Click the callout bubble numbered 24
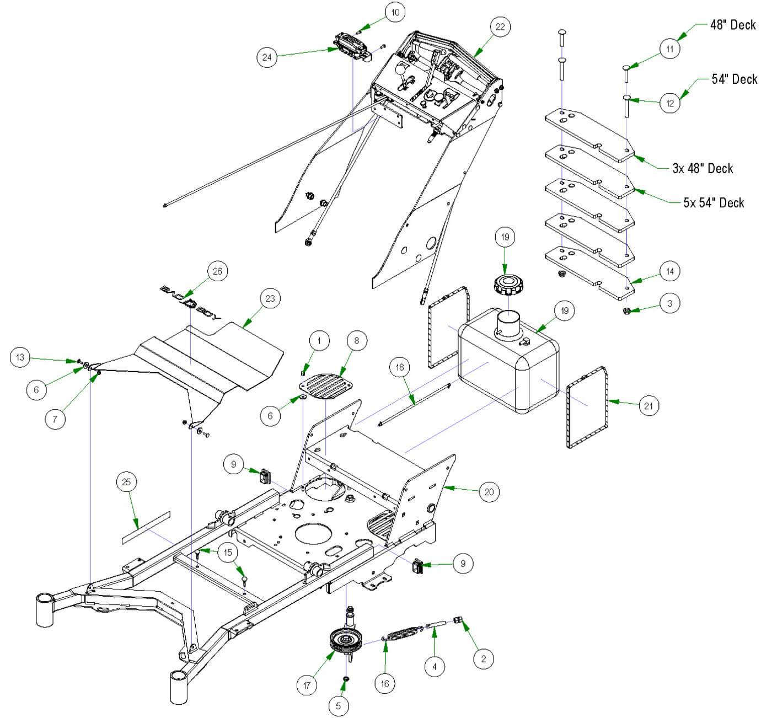click(x=267, y=57)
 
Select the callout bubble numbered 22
click(x=500, y=27)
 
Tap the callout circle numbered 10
click(x=395, y=13)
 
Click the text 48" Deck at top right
click(x=733, y=25)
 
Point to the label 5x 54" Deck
click(x=714, y=203)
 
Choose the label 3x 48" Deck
click(x=703, y=169)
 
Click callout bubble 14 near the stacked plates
click(x=670, y=271)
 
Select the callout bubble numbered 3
click(x=670, y=303)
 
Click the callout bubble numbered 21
click(x=648, y=406)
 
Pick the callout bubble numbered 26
click(x=217, y=271)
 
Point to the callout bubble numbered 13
click(x=20, y=357)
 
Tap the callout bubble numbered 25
click(x=126, y=482)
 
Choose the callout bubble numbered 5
click(x=339, y=705)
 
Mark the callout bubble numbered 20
click(x=489, y=491)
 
